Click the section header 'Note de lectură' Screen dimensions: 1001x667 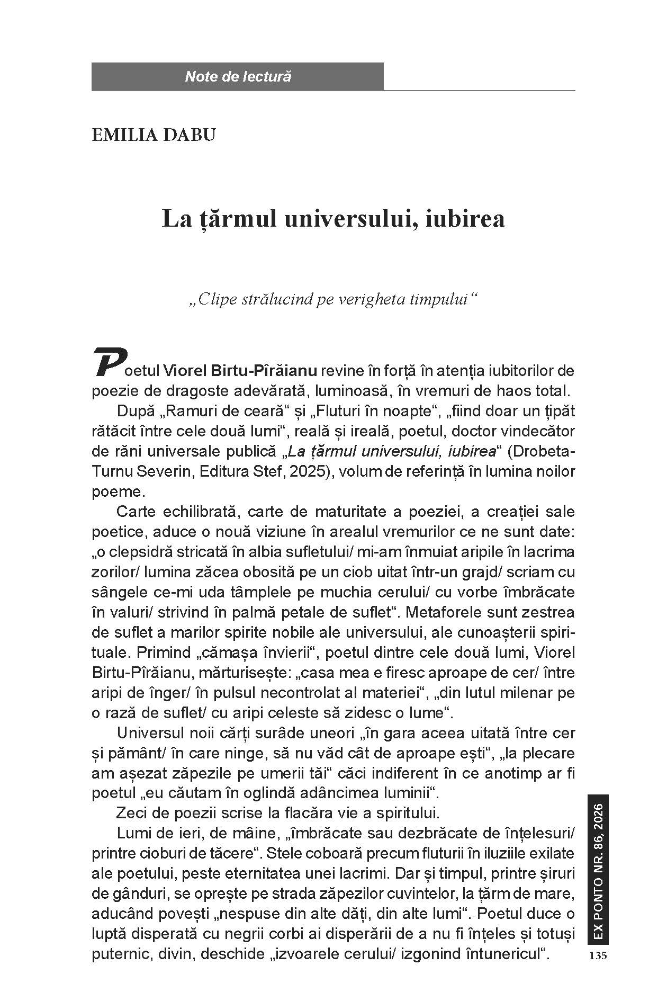pyautogui.click(x=238, y=77)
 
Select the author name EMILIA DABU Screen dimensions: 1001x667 pyautogui.click(x=154, y=135)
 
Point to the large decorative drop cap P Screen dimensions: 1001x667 pyautogui.click(x=110, y=362)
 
